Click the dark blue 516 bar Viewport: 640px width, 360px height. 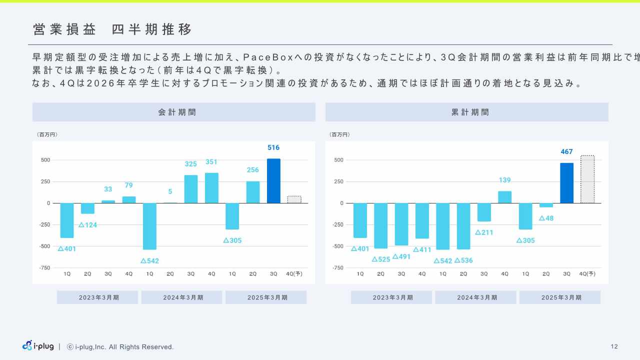point(273,181)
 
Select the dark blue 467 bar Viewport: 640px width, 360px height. point(566,183)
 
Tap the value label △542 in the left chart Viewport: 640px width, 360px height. point(150,261)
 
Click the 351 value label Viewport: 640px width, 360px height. point(211,162)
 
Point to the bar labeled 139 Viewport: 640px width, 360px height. point(504,197)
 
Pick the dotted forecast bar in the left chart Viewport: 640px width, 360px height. point(294,199)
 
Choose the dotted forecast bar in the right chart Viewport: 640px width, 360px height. point(587,179)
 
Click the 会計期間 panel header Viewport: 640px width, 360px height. point(174,112)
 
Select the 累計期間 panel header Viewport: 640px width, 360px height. point(466,112)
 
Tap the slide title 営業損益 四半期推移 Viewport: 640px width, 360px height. point(112,29)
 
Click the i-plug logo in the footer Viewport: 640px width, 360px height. point(37,346)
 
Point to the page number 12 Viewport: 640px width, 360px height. point(614,346)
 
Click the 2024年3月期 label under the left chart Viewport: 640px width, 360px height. point(181,297)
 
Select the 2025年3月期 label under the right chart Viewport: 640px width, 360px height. point(560,297)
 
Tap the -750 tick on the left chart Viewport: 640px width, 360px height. point(44,267)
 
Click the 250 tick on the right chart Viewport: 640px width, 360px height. point(338,181)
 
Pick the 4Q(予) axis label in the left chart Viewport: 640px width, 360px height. point(293,274)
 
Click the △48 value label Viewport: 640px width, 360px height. point(546,218)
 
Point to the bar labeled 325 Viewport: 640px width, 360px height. point(191,189)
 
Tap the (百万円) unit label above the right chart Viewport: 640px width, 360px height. point(340,134)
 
